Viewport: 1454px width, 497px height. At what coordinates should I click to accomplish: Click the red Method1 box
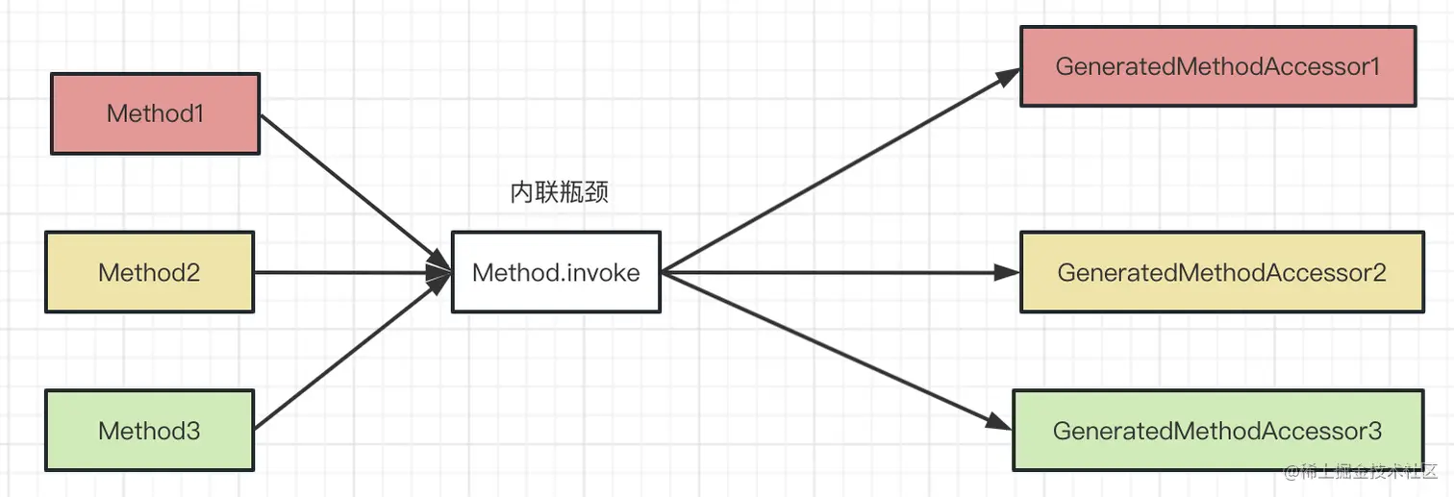pos(155,113)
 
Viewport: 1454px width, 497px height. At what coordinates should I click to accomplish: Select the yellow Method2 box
pos(149,272)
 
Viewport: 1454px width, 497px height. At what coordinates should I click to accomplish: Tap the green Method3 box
pos(149,430)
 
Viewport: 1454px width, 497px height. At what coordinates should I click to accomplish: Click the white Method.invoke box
pos(556,272)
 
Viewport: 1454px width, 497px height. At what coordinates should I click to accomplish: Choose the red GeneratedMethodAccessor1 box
pos(1217,66)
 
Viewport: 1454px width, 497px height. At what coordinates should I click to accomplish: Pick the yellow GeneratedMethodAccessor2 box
pos(1221,272)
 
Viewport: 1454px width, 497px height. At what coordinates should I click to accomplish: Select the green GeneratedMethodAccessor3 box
pos(1217,430)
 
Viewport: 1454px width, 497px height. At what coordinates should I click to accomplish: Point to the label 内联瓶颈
pos(559,192)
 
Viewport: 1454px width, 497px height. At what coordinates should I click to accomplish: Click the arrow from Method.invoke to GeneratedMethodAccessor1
pos(837,172)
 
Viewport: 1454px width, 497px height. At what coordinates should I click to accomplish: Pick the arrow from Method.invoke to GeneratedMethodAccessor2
pos(837,272)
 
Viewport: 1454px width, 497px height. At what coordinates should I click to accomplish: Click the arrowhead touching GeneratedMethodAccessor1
pos(1007,77)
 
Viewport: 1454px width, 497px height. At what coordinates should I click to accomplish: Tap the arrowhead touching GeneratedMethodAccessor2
pos(1007,272)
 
